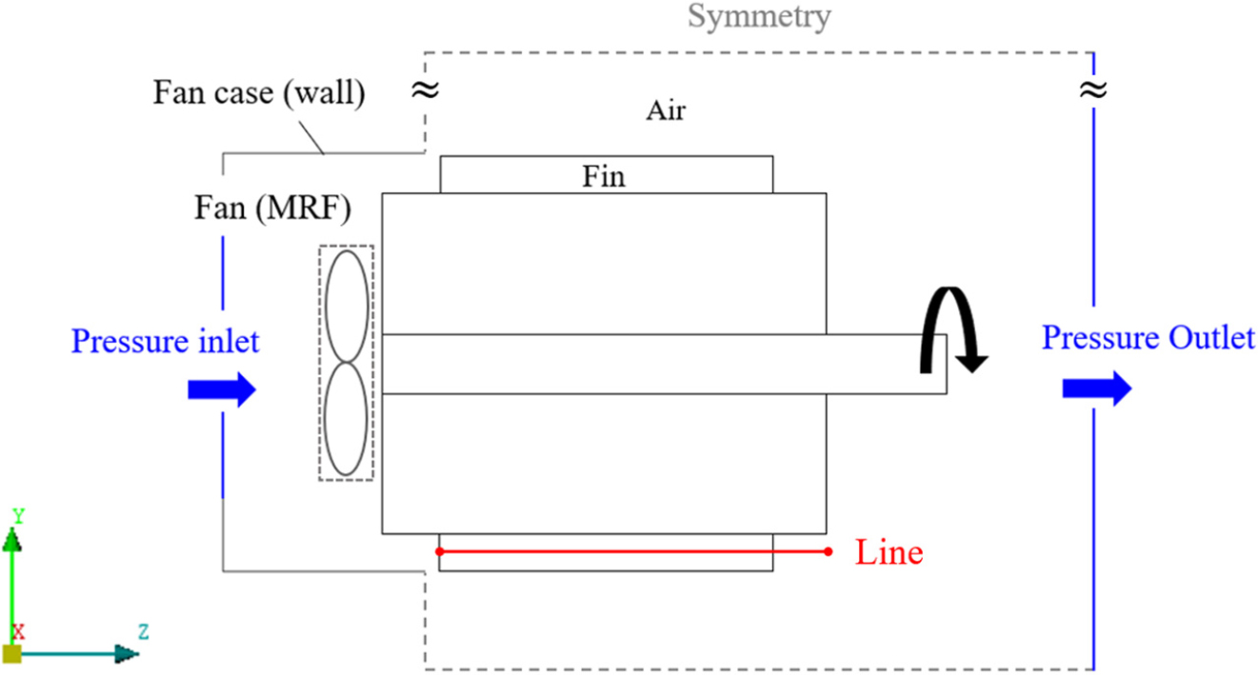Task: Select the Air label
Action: point(665,109)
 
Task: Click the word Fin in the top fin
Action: point(605,176)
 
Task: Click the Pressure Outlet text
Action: point(1148,337)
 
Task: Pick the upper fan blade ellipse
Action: point(347,306)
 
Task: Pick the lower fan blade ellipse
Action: point(347,421)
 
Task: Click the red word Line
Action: point(889,552)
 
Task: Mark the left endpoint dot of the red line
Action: point(439,551)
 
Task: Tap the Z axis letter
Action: point(143,630)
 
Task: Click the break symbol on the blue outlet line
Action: point(1092,90)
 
